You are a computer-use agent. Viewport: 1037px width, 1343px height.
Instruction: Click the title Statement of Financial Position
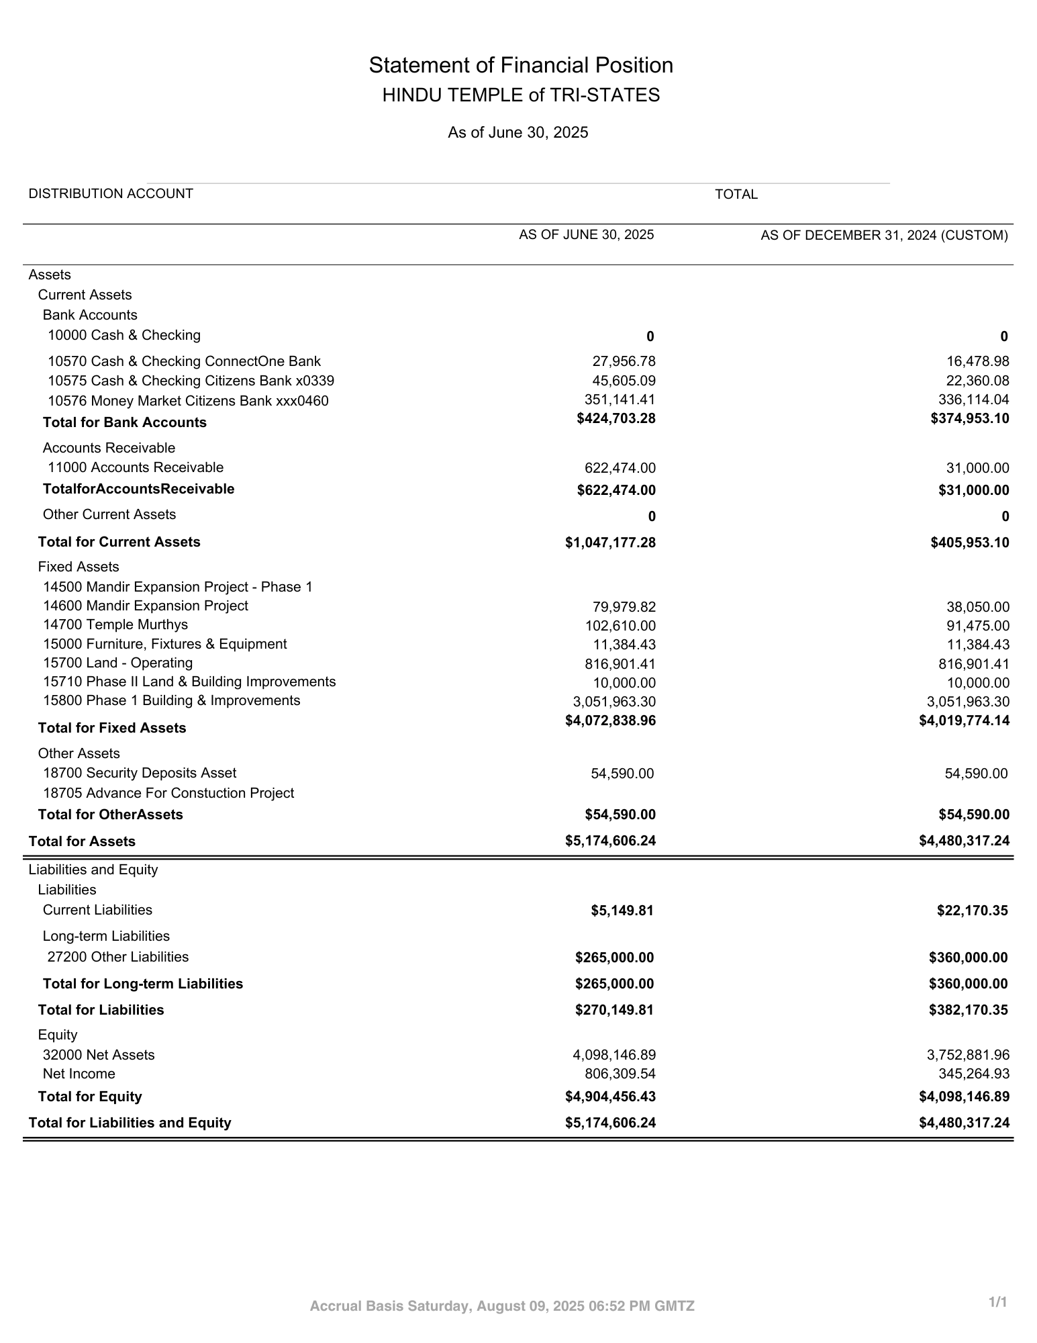point(521,65)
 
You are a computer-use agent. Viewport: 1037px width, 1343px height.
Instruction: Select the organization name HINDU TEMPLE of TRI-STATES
point(521,95)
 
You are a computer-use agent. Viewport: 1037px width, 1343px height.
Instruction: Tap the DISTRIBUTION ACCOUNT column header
point(111,194)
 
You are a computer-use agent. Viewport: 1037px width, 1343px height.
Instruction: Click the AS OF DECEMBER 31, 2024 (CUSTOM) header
point(884,235)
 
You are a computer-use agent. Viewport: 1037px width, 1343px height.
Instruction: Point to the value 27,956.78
point(624,361)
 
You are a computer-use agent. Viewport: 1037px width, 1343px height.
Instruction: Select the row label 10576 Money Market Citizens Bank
point(188,401)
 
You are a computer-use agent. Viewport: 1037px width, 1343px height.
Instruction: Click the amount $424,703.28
point(615,418)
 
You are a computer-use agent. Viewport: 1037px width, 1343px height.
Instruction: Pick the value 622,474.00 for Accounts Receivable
point(620,468)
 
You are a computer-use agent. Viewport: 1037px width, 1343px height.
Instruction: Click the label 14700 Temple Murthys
point(115,624)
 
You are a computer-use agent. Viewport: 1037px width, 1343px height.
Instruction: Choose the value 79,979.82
point(624,607)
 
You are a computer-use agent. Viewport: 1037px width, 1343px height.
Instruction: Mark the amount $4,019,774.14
point(964,721)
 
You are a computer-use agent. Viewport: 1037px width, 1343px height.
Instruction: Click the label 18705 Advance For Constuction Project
point(168,793)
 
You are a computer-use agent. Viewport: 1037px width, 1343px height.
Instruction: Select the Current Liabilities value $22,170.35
point(972,911)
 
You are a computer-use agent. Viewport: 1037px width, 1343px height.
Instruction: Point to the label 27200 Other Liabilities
point(118,957)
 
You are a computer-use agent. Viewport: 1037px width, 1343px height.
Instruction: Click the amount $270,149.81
point(614,1010)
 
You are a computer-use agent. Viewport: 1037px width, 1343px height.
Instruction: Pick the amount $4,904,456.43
point(610,1097)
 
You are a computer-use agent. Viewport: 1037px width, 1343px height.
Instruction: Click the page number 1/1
point(998,1302)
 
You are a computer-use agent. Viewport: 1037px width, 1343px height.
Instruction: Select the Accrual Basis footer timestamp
point(502,1306)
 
